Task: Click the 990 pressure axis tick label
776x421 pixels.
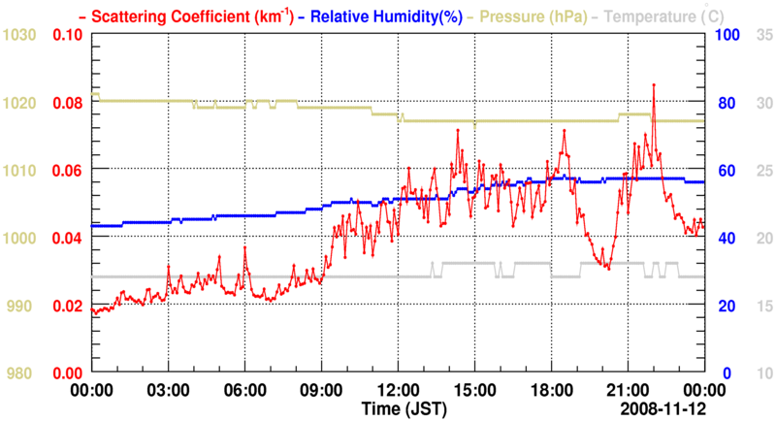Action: [21, 307]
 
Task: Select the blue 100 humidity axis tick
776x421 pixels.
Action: [727, 35]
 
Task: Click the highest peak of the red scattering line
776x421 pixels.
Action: [654, 85]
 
